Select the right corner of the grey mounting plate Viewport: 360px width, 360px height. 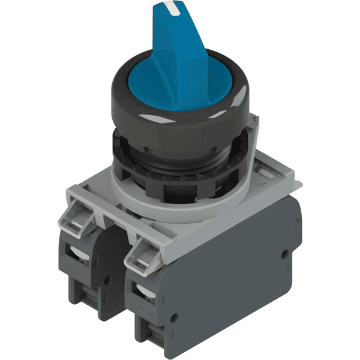click(x=294, y=180)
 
